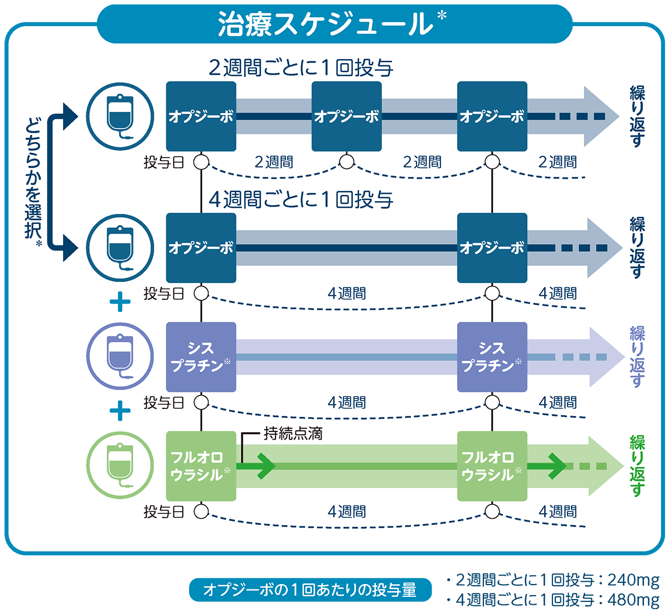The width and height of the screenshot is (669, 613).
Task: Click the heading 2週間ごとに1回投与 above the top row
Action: click(x=301, y=68)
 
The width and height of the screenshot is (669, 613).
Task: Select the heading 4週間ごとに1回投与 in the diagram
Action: click(x=301, y=200)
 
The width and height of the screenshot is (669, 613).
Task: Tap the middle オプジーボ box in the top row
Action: click(x=346, y=116)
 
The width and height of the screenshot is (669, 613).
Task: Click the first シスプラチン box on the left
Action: click(x=201, y=357)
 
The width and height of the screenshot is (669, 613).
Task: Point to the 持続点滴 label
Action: click(x=293, y=434)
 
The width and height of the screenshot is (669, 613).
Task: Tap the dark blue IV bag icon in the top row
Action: click(x=120, y=116)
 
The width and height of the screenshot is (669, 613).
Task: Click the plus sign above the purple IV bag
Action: click(x=120, y=303)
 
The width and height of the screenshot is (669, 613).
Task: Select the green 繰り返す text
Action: click(x=637, y=466)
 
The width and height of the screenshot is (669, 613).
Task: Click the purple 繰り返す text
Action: click(x=637, y=357)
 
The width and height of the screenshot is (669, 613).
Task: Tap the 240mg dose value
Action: click(x=633, y=580)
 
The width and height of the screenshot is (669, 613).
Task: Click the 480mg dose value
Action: click(x=633, y=600)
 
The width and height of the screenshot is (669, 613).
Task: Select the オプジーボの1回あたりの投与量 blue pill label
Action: click(x=310, y=590)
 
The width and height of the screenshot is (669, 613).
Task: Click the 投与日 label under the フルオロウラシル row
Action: click(x=163, y=512)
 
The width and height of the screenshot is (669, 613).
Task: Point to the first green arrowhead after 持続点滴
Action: click(x=265, y=466)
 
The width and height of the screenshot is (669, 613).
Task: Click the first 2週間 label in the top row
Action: click(x=274, y=162)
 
